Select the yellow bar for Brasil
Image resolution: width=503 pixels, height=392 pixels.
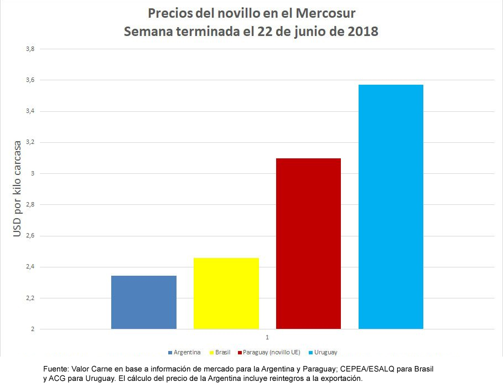(226, 293)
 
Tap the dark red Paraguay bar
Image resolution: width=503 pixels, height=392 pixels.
(308, 244)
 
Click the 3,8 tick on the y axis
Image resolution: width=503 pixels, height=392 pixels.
(30, 49)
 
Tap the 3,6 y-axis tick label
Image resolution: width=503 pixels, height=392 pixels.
(30, 80)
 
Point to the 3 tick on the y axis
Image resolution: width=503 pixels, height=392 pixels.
(33, 174)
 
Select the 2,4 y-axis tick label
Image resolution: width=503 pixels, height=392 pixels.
(30, 267)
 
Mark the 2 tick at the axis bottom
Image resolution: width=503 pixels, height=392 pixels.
(33, 329)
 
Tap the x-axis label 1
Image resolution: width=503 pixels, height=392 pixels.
(267, 337)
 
